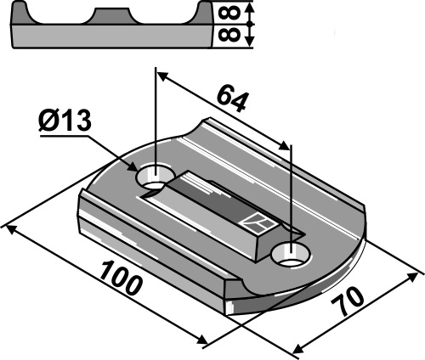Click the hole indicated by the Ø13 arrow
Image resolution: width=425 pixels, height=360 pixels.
click(x=154, y=178)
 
